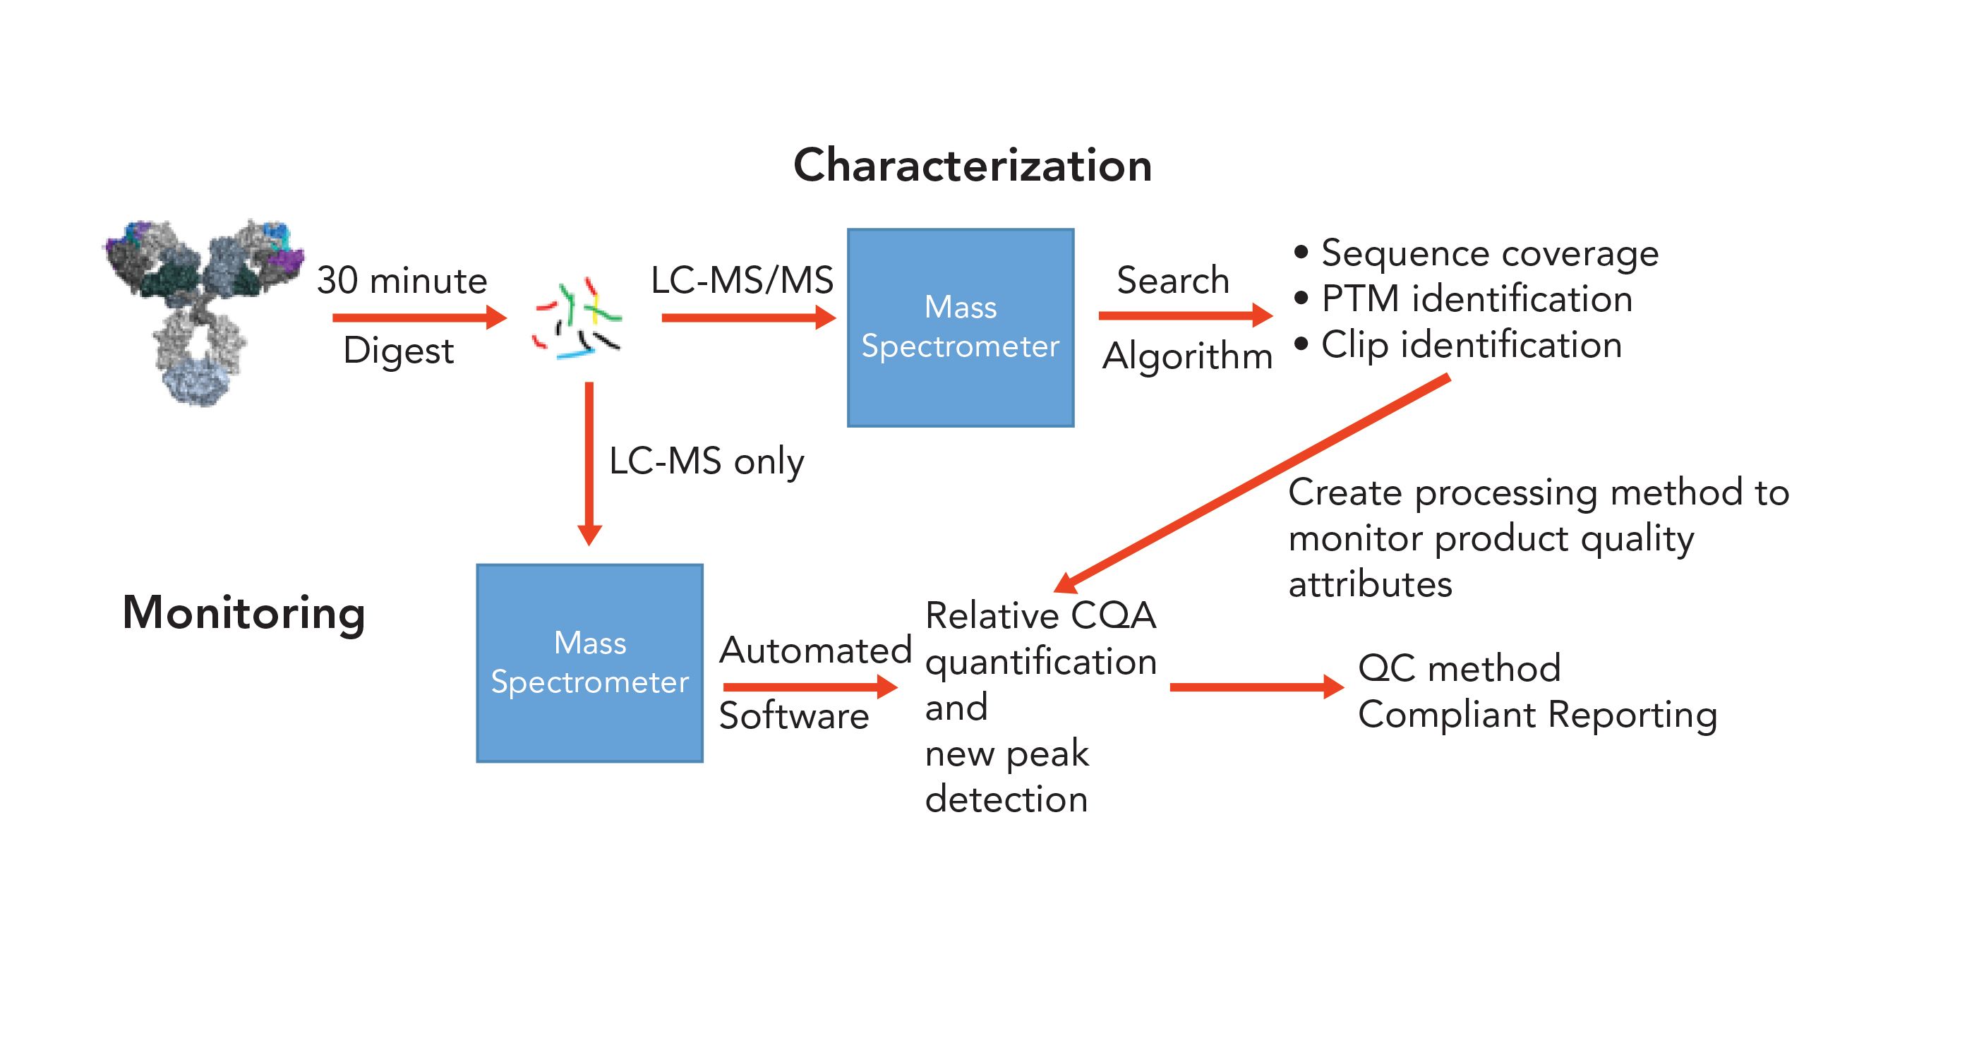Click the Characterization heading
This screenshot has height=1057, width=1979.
point(972,165)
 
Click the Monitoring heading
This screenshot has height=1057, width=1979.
point(243,613)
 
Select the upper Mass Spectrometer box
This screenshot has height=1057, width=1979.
point(961,327)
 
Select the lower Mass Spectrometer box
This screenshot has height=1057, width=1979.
point(589,663)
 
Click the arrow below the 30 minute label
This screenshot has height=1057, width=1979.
point(419,318)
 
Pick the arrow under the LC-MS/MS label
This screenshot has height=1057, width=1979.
point(747,318)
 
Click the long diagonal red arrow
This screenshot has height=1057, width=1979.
point(1252,484)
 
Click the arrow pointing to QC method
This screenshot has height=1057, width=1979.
point(1256,687)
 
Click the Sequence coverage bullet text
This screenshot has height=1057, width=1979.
point(1489,253)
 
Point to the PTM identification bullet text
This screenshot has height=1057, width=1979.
point(1476,298)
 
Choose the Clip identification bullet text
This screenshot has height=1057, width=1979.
point(1470,345)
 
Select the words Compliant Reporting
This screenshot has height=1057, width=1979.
point(1536,714)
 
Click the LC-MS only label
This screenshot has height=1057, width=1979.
point(706,461)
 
